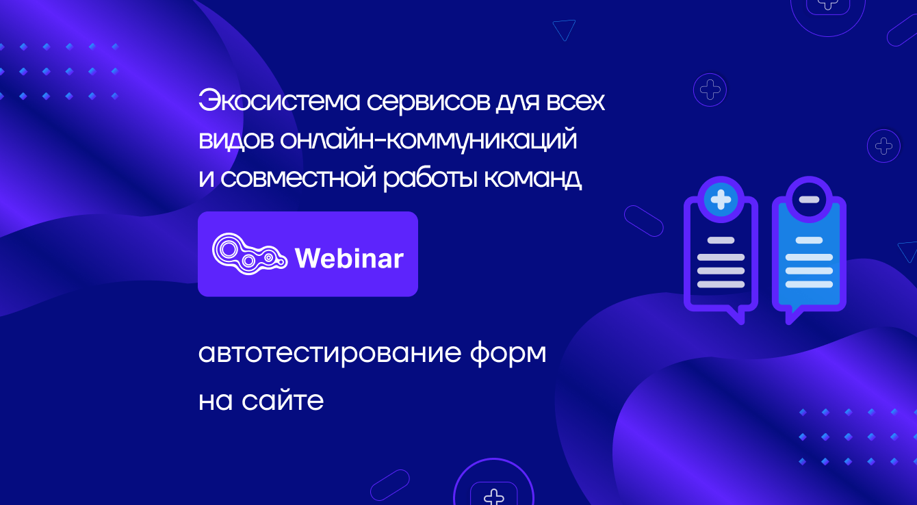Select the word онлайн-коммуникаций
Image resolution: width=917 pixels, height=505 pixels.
coord(428,140)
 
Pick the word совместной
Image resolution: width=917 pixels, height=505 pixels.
coord(298,178)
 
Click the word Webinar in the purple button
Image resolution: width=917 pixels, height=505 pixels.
coord(349,258)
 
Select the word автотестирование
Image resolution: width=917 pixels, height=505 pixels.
coord(330,353)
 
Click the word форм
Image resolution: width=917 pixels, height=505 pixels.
coord(508,353)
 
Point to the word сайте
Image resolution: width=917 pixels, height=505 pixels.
coord(283,401)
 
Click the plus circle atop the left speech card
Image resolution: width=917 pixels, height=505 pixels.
coord(721,200)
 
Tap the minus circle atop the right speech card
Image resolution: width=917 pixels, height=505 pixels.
coord(809,200)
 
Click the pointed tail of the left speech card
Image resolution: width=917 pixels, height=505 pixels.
coord(735,316)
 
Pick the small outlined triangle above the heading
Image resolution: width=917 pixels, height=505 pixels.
coord(564,29)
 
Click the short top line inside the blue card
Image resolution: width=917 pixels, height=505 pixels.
coord(809,240)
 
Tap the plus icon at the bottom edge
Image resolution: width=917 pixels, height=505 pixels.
coord(493,495)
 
